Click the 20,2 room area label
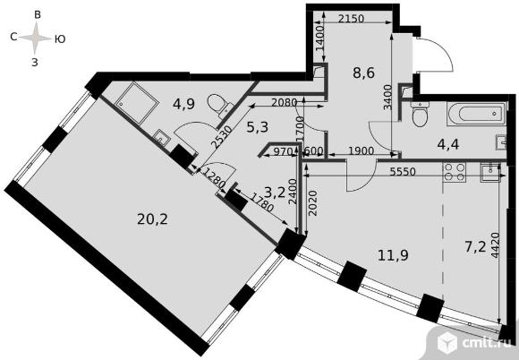point(152,219)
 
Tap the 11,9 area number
point(393,255)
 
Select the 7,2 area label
point(475,247)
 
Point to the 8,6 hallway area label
point(364,73)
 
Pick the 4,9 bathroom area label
point(183,104)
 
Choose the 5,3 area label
point(257,127)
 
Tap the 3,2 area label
point(275,192)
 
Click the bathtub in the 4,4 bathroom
point(476,114)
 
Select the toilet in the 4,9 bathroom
point(219,105)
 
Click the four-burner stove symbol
point(455,172)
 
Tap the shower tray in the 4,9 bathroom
point(136,103)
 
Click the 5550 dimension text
point(403,171)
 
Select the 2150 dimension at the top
point(351,19)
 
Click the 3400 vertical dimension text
point(388,97)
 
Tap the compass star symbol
point(35,39)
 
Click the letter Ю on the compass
point(60,39)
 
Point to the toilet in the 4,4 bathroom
point(420,114)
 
